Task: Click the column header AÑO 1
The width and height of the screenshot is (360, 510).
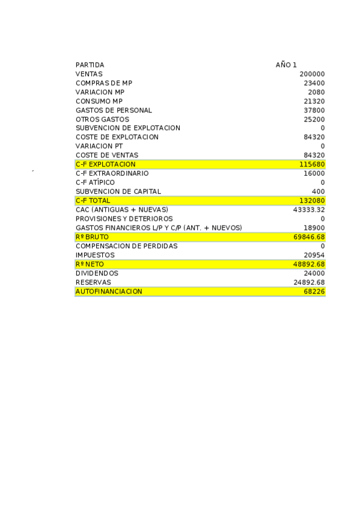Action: tap(286, 65)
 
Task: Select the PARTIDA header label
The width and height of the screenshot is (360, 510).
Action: tap(90, 65)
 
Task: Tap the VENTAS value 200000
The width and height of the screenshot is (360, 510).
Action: tap(312, 74)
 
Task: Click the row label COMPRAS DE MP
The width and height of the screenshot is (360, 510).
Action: tap(104, 83)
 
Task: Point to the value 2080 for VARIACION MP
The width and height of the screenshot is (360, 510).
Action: tap(316, 92)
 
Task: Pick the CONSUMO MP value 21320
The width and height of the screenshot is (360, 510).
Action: tap(314, 101)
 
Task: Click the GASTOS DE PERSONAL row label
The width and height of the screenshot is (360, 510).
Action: tap(114, 110)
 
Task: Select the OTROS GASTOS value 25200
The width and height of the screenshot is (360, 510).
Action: tap(314, 119)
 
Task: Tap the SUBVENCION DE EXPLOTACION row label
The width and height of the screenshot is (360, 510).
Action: tap(127, 128)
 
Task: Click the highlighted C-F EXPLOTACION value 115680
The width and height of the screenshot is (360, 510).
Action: tap(312, 164)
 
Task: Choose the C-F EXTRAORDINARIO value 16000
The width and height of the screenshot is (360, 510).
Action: tap(314, 173)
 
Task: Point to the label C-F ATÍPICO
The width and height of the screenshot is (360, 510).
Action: tap(95, 182)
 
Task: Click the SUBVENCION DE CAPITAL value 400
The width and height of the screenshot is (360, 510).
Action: tap(319, 191)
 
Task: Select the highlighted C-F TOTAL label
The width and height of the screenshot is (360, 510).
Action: tap(93, 200)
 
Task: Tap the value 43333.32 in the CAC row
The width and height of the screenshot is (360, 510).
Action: tap(308, 209)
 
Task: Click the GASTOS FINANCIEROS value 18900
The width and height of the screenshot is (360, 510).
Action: tap(314, 228)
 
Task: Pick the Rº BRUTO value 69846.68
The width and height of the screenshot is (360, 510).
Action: tap(308, 237)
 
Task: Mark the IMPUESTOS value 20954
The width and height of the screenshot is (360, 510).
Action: tap(314, 255)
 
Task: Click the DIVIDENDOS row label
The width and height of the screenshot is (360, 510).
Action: tap(97, 273)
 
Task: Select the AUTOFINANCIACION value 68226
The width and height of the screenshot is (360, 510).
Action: tap(314, 291)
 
